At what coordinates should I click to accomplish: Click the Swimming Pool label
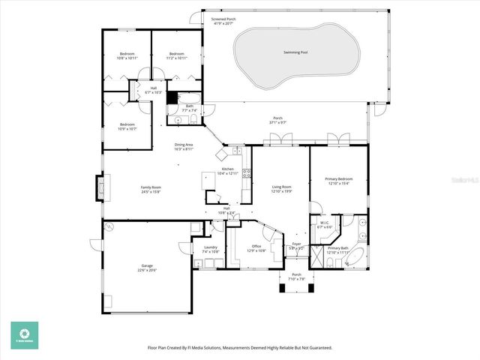point(295,52)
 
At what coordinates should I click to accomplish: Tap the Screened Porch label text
point(223,19)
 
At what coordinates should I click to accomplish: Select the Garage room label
point(146,266)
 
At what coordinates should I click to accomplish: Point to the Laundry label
point(210,247)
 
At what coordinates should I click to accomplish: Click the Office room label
point(256,246)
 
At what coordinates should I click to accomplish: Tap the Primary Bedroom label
point(338,178)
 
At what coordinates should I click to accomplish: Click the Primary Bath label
point(337,247)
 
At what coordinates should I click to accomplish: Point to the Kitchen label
point(227,169)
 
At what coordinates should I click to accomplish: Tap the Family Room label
point(151,187)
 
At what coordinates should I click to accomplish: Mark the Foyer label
point(296,244)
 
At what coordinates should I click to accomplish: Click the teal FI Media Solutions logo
point(24,335)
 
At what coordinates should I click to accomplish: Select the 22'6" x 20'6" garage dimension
point(146,271)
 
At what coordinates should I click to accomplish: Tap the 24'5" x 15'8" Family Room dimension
point(151,192)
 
